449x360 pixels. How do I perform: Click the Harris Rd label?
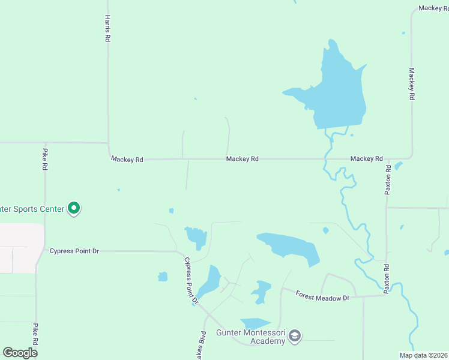pos(107,28)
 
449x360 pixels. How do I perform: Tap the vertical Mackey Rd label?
pos(412,83)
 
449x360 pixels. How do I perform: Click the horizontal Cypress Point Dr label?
pos(74,251)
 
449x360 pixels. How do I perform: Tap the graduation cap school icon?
pos(294,336)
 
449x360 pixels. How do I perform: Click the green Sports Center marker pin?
pos(74,208)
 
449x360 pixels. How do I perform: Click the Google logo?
pos(20,352)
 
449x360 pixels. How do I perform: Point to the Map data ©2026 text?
pos(423,355)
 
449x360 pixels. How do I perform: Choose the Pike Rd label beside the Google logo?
pos(36,334)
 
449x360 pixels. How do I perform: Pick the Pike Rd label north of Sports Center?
pos(44,159)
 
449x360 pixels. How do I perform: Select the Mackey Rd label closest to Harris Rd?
pos(127,160)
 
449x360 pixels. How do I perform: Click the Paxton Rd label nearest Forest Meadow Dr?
pos(388,278)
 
